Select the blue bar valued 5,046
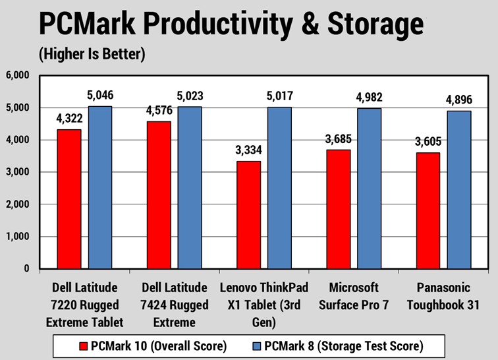pos(100,187)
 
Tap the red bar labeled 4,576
pos(158,195)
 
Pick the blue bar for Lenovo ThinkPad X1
pos(279,188)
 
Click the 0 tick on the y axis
pos(26,269)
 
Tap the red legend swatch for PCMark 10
pos(84,345)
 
